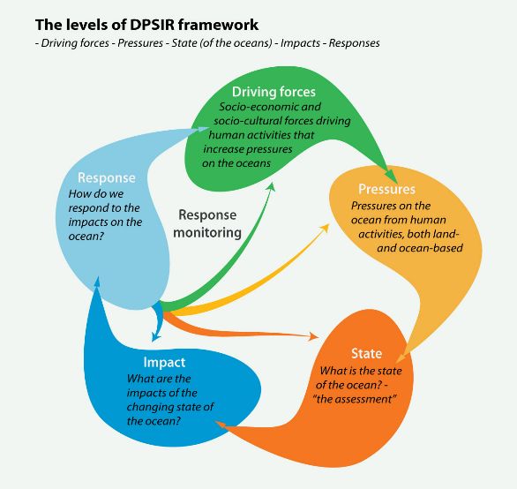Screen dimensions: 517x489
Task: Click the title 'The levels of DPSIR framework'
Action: [x=146, y=25]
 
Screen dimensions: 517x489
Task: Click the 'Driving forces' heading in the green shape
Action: [x=273, y=92]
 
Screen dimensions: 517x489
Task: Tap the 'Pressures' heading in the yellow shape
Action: [x=386, y=189]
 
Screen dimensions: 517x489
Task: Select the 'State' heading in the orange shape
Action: [x=367, y=353]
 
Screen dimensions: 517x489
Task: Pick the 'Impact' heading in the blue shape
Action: [x=164, y=362]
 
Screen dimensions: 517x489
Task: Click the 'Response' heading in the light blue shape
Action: [x=107, y=177]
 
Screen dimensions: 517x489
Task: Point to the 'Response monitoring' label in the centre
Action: [x=207, y=223]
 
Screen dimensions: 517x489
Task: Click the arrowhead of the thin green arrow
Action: [x=271, y=186]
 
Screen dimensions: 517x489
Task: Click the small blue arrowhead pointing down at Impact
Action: [x=155, y=337]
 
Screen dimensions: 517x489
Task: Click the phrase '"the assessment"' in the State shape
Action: [x=355, y=399]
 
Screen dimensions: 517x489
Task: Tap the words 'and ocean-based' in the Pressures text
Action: [x=420, y=248]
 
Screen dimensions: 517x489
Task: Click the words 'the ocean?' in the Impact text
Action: [x=154, y=421]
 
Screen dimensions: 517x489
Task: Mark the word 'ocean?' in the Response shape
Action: [x=86, y=237]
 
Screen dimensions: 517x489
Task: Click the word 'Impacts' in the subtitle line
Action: [x=300, y=43]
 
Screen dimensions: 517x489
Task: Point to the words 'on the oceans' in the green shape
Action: [x=236, y=163]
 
